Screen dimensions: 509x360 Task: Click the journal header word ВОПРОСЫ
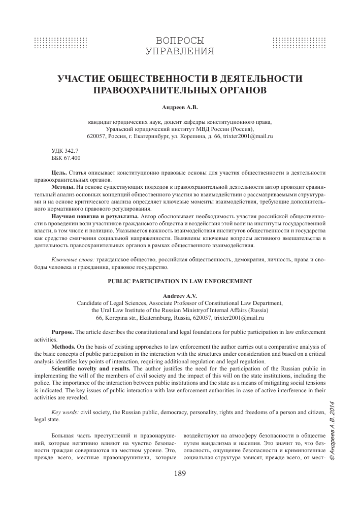pyautogui.click(x=180, y=40)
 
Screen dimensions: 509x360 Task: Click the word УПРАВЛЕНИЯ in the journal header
pyautogui.click(x=180, y=51)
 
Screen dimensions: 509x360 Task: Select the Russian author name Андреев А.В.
pyautogui.click(x=180, y=108)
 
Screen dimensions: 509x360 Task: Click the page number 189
pyautogui.click(x=180, y=474)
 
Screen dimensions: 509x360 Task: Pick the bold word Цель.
pyautogui.click(x=59, y=174)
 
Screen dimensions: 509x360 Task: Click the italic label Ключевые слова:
pyautogui.click(x=73, y=260)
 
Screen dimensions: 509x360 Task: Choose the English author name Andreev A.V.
pyautogui.click(x=180, y=295)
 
